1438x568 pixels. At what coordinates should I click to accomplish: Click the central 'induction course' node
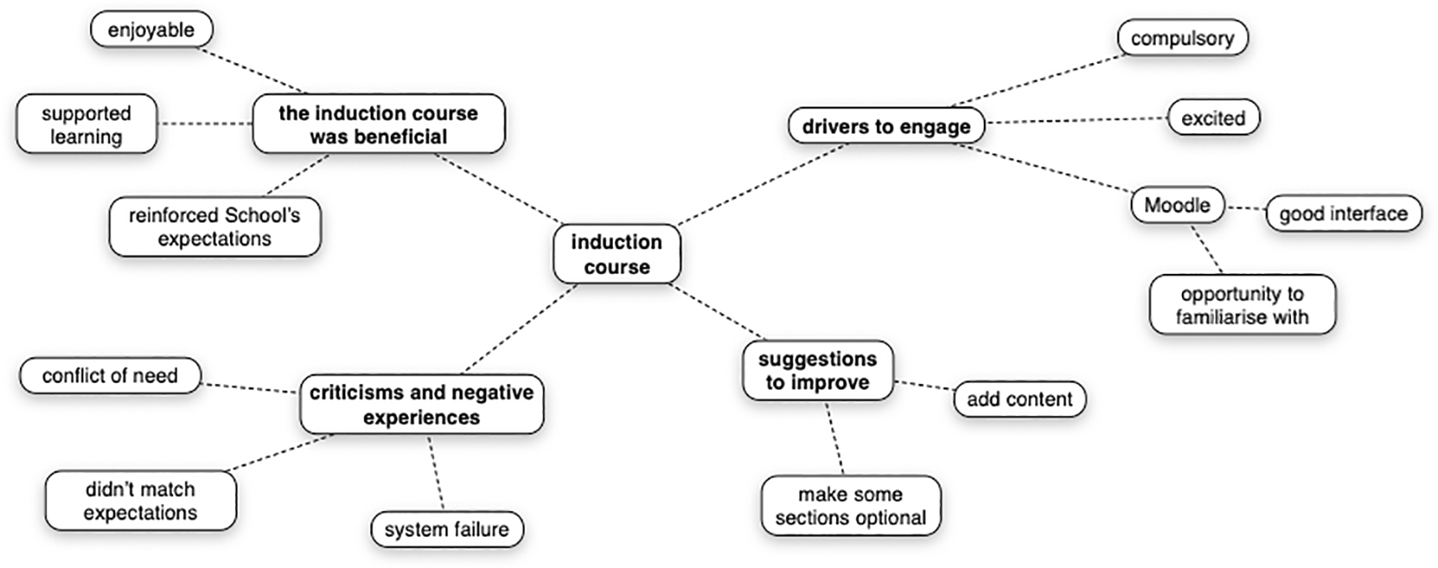(616, 254)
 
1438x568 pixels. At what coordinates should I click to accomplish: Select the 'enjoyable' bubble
(151, 30)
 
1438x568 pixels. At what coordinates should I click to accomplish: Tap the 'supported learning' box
(86, 124)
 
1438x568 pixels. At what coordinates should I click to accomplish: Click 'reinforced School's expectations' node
(214, 227)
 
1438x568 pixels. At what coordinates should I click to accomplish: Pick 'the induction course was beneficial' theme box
(378, 124)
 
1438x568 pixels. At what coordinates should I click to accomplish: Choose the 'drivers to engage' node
(886, 126)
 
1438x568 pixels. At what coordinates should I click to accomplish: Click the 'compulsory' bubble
(1182, 39)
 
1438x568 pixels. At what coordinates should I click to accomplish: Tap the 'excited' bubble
(1213, 118)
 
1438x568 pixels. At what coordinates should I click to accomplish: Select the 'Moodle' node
(1177, 205)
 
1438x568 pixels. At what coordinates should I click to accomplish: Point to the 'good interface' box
(1343, 213)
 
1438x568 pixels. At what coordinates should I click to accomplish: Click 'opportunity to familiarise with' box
(1242, 305)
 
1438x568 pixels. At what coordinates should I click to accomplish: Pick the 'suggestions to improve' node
(817, 371)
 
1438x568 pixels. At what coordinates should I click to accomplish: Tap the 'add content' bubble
(1019, 399)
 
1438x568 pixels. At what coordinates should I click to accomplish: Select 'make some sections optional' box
(850, 506)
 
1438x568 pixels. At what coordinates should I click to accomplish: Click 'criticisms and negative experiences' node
(421, 404)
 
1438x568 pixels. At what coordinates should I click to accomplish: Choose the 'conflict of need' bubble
(110, 376)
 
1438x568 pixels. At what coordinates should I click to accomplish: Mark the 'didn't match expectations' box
(140, 501)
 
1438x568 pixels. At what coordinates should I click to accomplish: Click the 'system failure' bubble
(447, 529)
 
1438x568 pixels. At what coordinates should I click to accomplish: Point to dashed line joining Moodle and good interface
(1245, 208)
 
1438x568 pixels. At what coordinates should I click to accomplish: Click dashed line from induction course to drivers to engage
(760, 186)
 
